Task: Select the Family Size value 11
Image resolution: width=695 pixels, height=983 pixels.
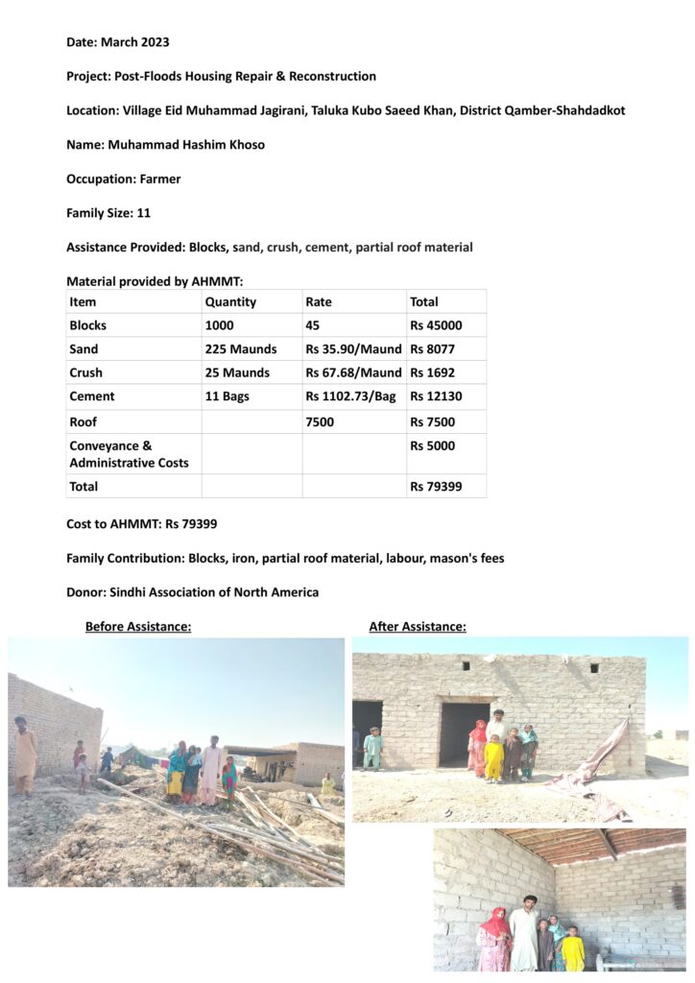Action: click(x=144, y=213)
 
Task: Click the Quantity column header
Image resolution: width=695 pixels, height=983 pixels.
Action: click(x=230, y=301)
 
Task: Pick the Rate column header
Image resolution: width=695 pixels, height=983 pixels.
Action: click(x=319, y=301)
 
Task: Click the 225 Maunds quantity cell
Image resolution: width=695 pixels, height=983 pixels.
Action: click(x=240, y=349)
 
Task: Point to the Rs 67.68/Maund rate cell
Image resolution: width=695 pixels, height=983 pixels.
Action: click(x=353, y=372)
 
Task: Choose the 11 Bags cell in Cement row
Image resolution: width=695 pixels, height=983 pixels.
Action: click(x=227, y=396)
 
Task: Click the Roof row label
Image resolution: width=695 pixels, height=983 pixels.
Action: click(x=83, y=421)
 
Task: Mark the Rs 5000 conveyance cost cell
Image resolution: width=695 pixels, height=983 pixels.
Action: click(x=432, y=445)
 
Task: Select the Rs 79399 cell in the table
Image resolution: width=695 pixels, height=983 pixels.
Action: click(x=436, y=487)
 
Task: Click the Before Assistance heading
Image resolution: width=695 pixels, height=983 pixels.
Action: click(x=138, y=627)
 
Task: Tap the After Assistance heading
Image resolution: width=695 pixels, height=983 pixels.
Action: click(x=418, y=627)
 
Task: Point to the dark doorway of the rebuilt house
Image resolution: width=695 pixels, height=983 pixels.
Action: click(x=461, y=733)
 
